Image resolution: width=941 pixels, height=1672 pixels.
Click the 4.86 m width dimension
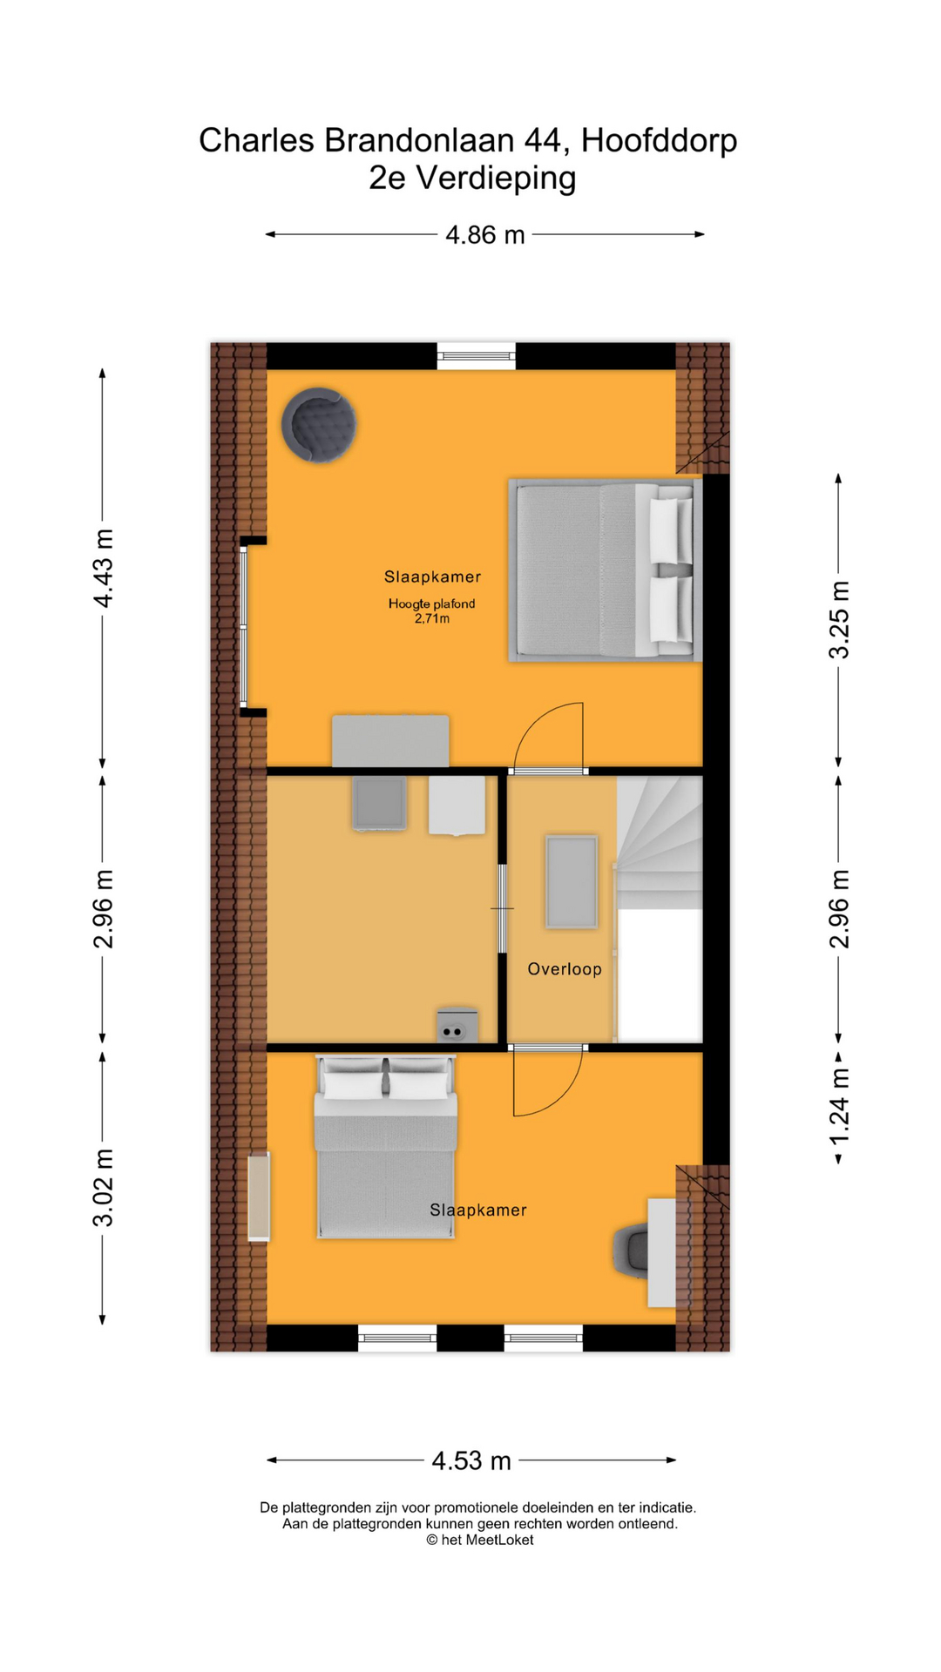[485, 235]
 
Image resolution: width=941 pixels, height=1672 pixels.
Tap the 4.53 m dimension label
[471, 1460]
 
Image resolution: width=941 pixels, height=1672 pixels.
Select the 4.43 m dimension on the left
[104, 568]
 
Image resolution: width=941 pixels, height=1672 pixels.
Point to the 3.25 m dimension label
[838, 620]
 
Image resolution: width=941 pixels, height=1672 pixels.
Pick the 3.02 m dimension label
[104, 1188]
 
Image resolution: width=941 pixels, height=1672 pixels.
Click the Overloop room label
[565, 969]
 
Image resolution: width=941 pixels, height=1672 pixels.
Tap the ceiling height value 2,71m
[432, 619]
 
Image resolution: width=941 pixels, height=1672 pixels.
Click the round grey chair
[319, 425]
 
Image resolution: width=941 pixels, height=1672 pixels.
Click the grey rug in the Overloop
[572, 881]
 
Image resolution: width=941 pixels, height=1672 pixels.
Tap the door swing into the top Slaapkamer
[549, 736]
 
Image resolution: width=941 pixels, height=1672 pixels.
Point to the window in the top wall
[476, 355]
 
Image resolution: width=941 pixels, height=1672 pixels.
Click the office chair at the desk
[631, 1251]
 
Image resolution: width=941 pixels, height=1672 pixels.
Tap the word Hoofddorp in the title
[660, 140]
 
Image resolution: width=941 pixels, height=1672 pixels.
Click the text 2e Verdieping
[472, 178]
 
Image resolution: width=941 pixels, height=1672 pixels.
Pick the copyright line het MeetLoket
[479, 1540]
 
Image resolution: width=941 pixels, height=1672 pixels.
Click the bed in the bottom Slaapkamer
[386, 1147]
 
